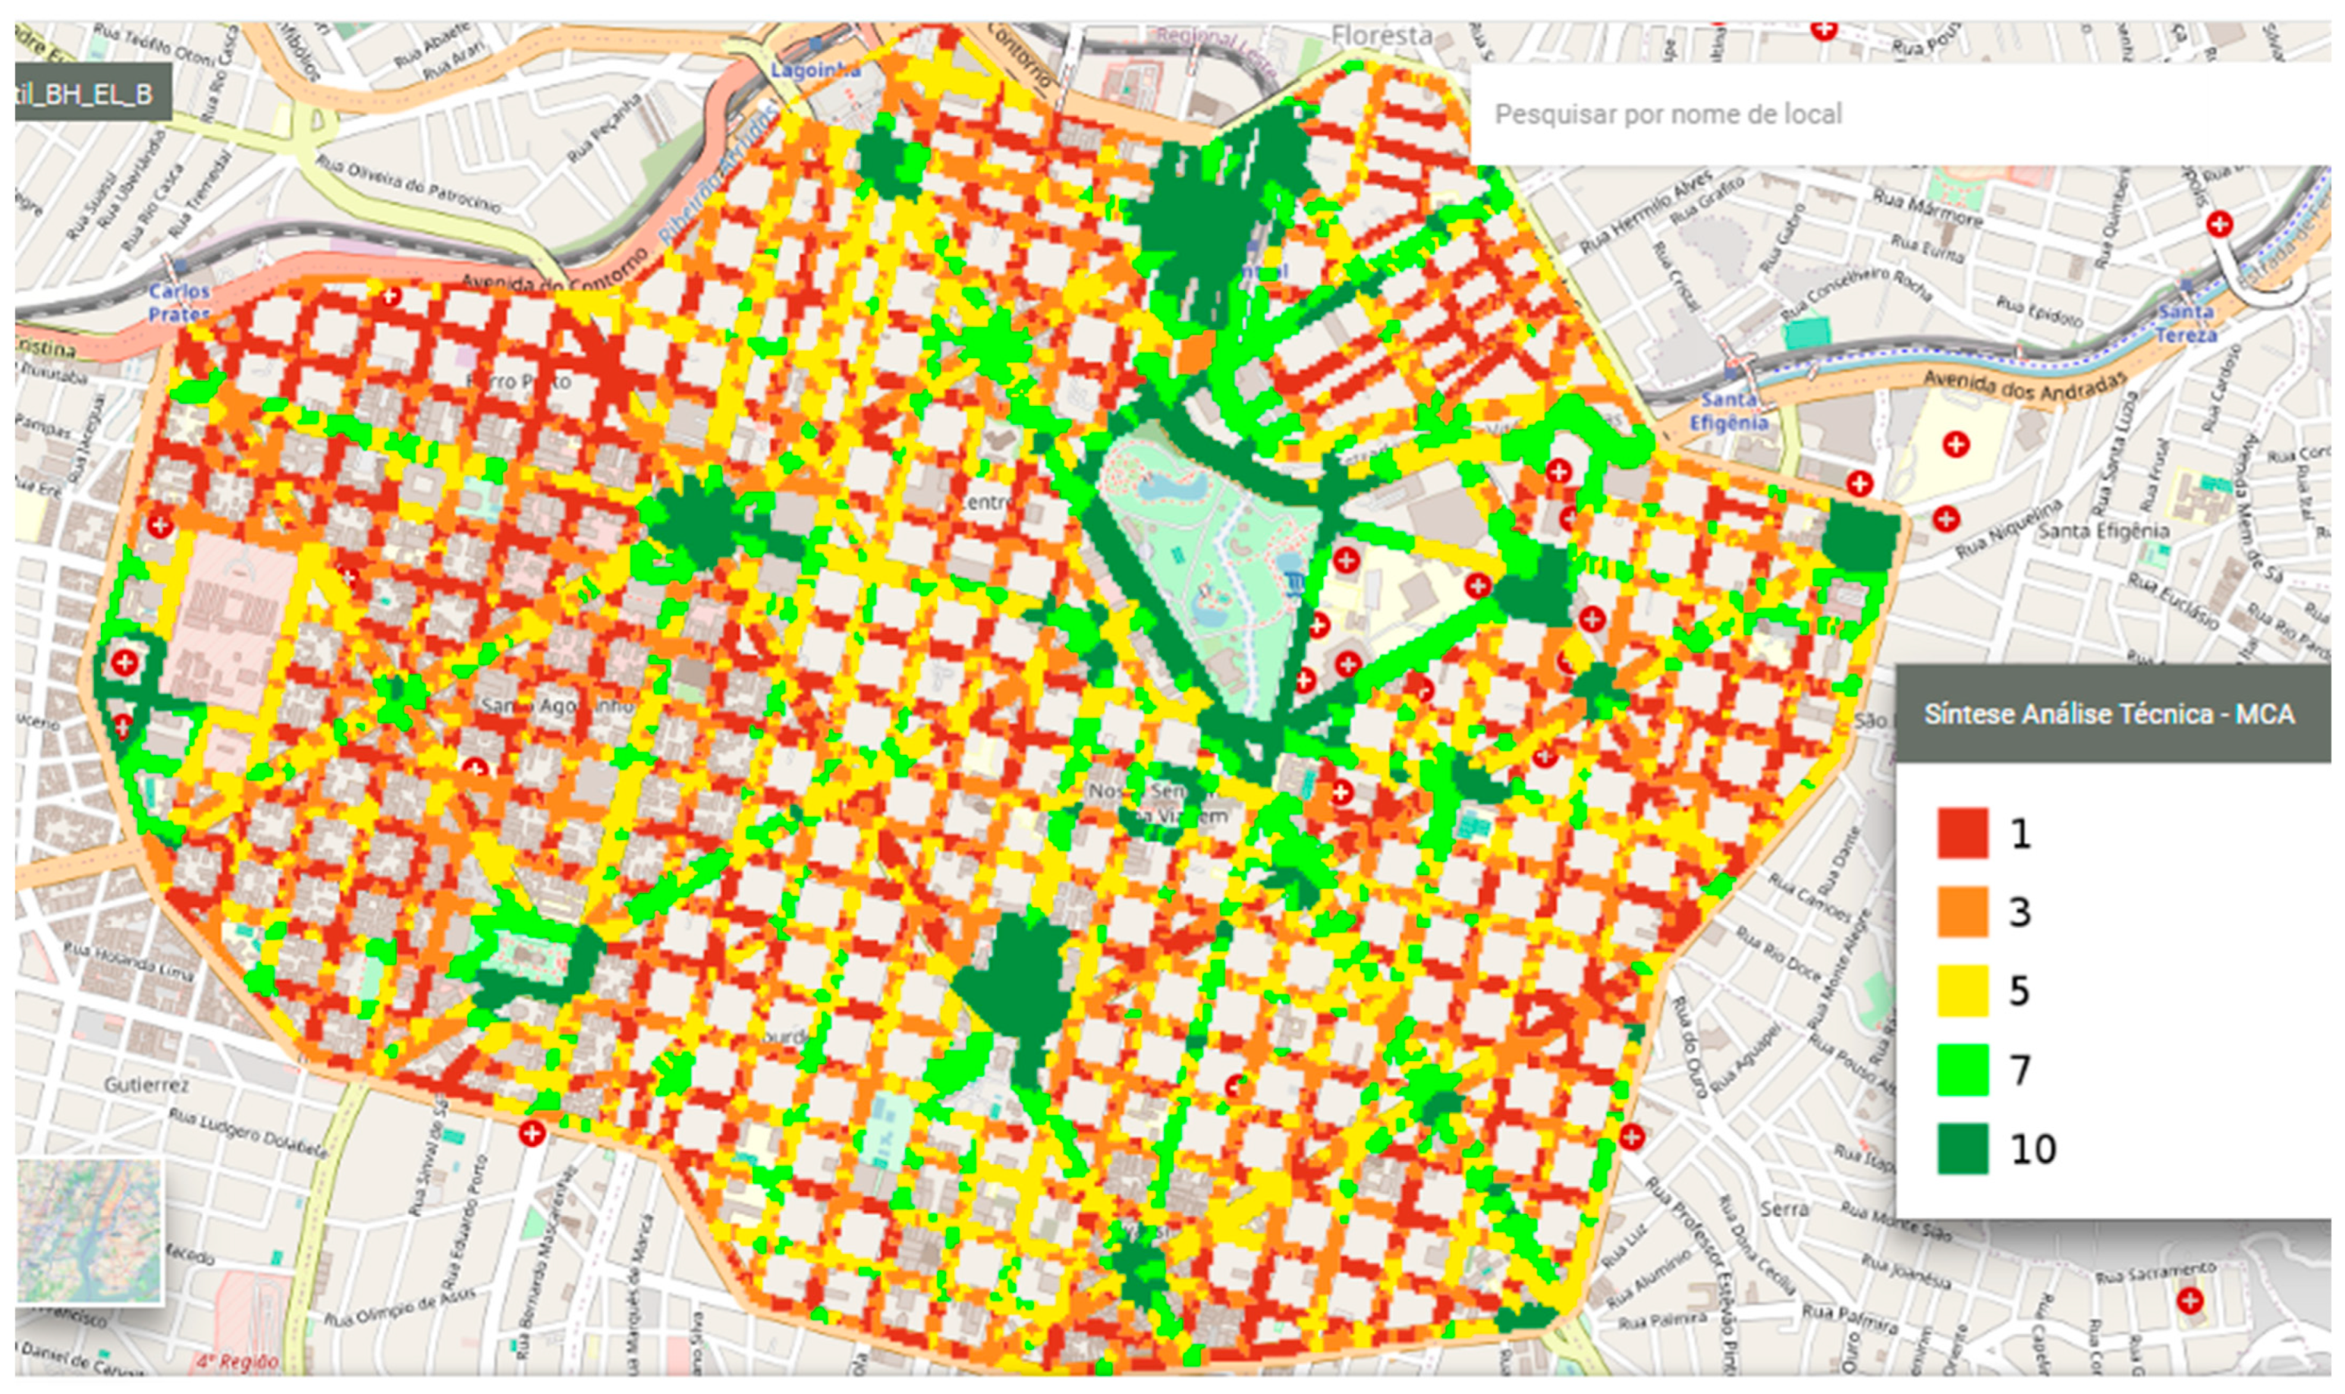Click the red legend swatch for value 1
1962,832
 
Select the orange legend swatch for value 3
1962,911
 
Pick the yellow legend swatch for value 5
1962,990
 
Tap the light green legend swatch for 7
1962,1069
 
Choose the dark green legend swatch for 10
1962,1148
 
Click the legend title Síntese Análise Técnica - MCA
2108,714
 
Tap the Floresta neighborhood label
1382,36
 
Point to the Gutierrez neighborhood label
146,1085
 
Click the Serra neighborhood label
1784,1209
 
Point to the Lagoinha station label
814,70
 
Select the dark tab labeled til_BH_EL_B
92,94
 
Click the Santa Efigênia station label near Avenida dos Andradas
1728,411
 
